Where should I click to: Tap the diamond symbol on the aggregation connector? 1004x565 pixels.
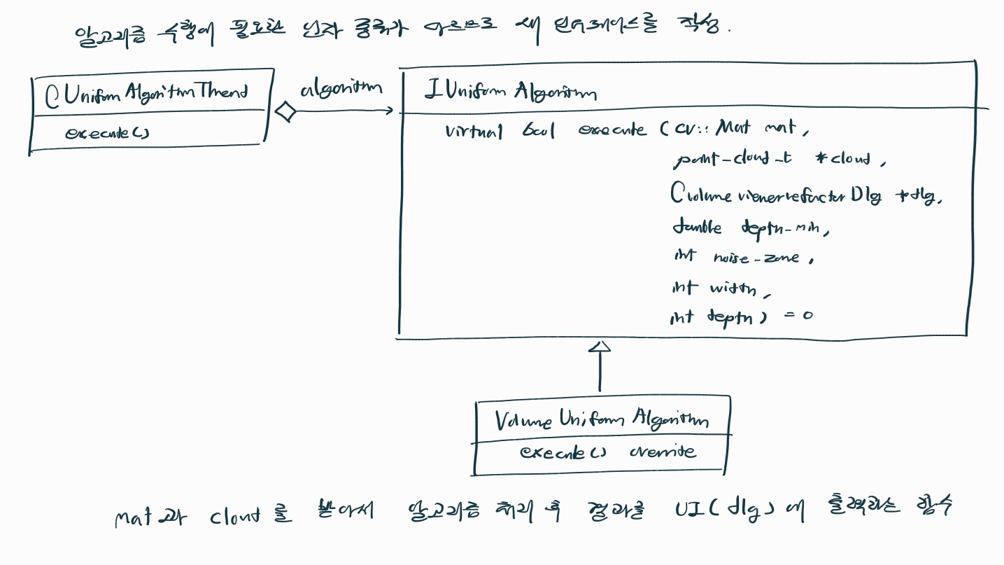click(285, 111)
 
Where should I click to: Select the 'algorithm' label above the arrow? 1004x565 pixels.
click(341, 89)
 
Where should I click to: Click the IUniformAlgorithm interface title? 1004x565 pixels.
click(510, 92)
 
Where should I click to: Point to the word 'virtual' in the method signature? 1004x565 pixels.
click(474, 131)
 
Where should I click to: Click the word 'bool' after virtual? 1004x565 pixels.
click(539, 131)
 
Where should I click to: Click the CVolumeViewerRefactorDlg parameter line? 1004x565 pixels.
click(805, 195)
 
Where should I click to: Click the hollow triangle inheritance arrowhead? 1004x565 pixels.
click(600, 346)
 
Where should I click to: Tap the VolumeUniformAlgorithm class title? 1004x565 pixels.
click(601, 419)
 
